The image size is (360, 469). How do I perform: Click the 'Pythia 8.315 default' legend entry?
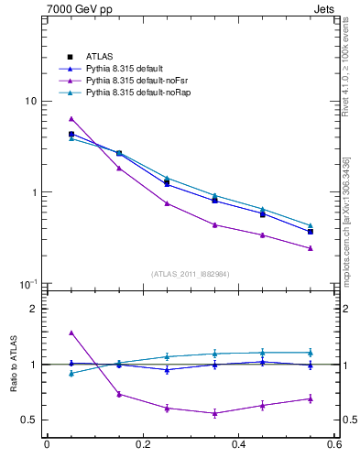click(x=125, y=68)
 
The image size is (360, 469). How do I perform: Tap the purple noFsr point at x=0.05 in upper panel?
click(x=71, y=119)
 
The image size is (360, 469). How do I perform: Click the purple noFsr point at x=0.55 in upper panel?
click(x=311, y=248)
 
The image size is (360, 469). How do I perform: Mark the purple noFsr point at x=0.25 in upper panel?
click(x=167, y=203)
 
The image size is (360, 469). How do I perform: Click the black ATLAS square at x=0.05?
click(x=71, y=134)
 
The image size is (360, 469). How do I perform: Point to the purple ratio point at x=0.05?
click(x=71, y=333)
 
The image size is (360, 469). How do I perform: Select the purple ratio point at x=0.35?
click(x=214, y=413)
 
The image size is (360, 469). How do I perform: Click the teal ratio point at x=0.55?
click(x=311, y=353)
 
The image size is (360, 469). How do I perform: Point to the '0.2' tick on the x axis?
click(x=142, y=445)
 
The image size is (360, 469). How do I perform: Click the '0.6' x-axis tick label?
click(x=333, y=445)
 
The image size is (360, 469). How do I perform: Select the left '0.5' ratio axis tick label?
click(x=29, y=420)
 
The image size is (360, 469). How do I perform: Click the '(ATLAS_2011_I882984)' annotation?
click(x=190, y=274)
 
